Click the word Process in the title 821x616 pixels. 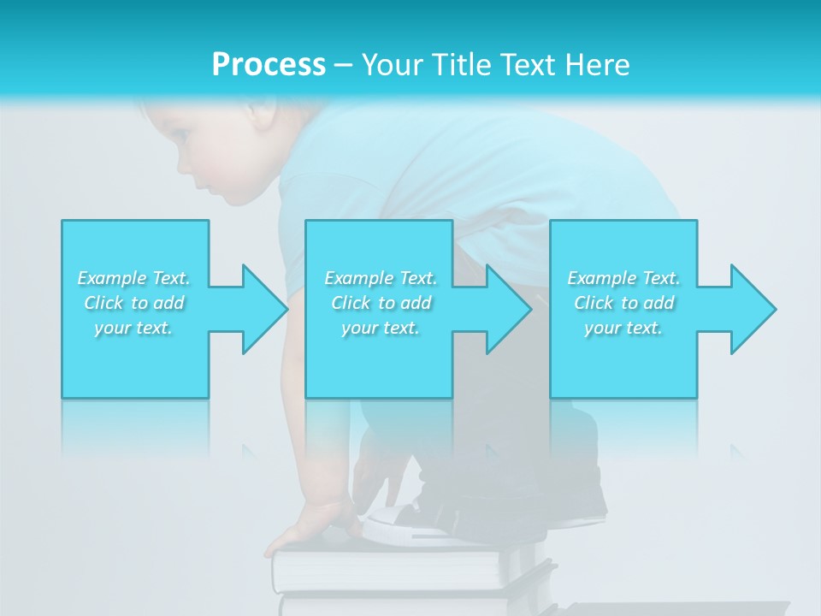pyautogui.click(x=269, y=65)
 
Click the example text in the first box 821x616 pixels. pyautogui.click(x=134, y=303)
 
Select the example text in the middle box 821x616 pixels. pyautogui.click(x=381, y=303)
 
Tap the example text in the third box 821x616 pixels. pyautogui.click(x=623, y=303)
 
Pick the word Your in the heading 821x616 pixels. pyautogui.click(x=391, y=65)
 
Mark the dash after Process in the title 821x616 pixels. pyautogui.click(x=344, y=65)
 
